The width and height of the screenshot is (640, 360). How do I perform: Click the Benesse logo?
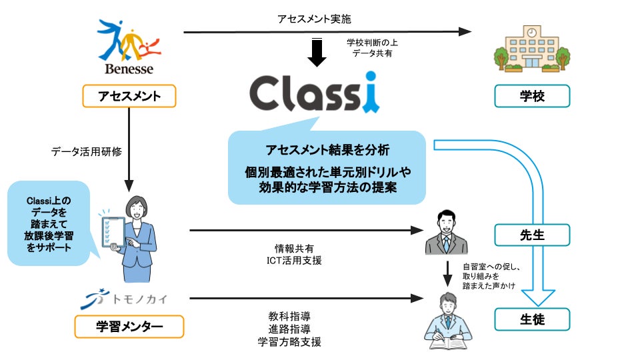point(129,47)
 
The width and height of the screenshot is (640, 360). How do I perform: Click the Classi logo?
point(315,93)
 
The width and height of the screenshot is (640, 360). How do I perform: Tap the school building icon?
point(532,49)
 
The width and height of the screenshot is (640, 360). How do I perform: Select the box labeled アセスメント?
point(129,96)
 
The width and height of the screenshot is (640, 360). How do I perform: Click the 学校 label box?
point(532,96)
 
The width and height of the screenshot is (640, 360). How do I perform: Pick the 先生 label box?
point(532,235)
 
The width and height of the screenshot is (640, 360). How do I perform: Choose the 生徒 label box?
point(532,319)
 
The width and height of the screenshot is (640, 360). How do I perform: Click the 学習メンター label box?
point(129,327)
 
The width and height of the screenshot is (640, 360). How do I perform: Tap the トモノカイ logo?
point(124,299)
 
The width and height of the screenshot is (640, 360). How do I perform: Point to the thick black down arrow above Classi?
point(317,52)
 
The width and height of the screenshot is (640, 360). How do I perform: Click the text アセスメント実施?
point(314,19)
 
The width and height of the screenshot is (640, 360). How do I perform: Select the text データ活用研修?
point(87,151)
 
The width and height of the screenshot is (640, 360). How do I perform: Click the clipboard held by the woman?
point(113,232)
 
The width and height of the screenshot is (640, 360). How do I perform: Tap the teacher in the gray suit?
point(446,232)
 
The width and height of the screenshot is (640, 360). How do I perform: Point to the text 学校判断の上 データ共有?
point(372,48)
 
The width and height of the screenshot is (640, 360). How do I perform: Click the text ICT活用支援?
point(294,261)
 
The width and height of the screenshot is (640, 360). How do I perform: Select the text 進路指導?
point(289,329)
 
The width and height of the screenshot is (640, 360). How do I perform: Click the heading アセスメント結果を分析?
point(327,150)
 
